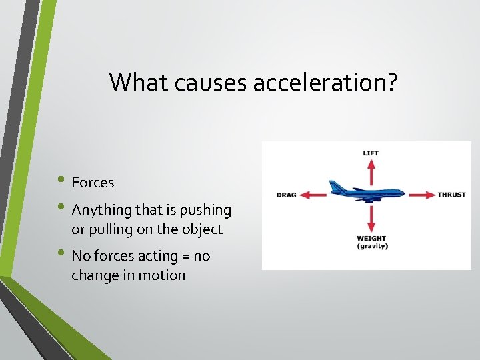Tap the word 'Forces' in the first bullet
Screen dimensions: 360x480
[93, 183]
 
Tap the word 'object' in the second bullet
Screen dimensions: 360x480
[202, 229]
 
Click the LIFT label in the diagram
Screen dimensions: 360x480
[371, 153]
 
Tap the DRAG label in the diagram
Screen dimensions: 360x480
[286, 195]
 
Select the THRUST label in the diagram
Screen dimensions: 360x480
[451, 195]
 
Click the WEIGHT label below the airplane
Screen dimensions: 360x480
[371, 239]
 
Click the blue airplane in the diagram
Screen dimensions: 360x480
[367, 191]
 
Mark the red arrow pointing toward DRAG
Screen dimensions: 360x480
[313, 195]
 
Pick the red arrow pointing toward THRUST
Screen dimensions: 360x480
[421, 195]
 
